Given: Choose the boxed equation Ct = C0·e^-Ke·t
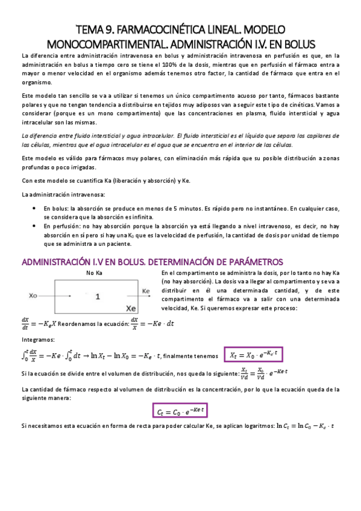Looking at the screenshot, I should (x=179, y=412).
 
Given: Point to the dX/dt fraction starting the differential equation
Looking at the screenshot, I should (x=25, y=324).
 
